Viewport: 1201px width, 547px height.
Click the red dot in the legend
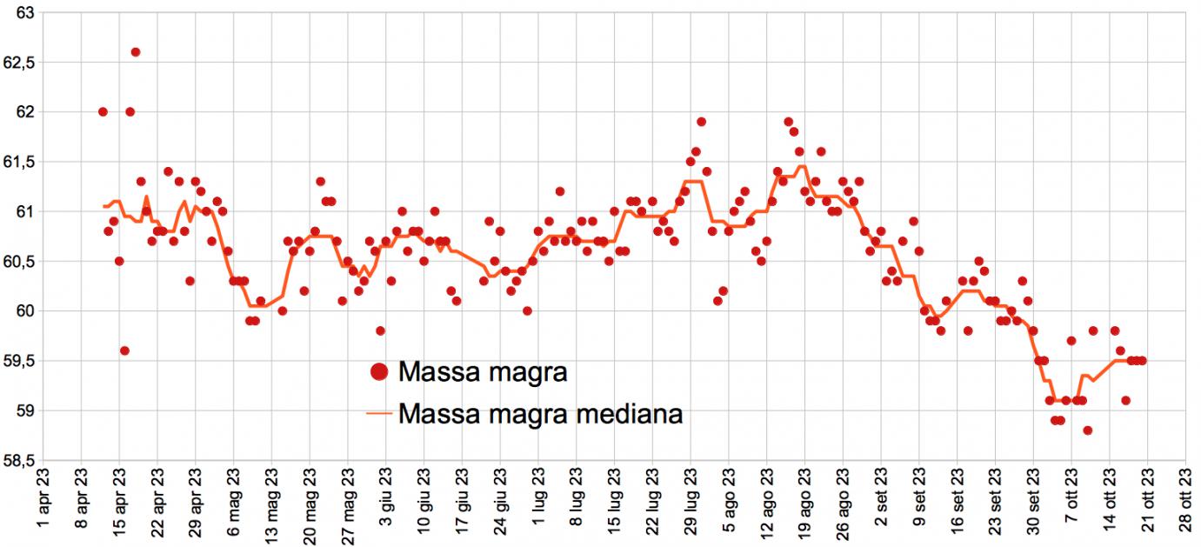(x=378, y=372)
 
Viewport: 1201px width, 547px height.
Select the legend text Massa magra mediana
(x=539, y=414)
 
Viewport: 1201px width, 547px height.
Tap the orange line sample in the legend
(x=378, y=415)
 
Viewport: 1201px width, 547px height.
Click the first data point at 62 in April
(x=103, y=112)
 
